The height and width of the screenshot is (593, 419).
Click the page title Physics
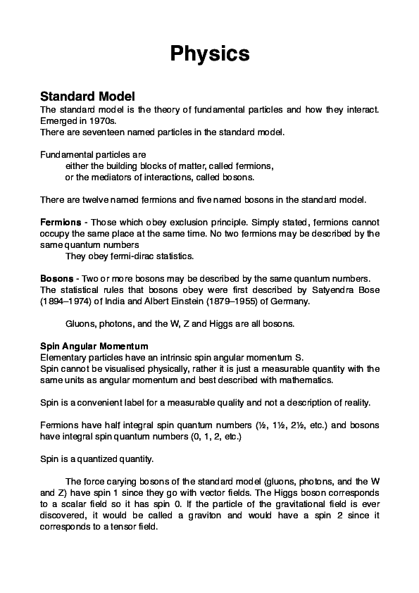210,54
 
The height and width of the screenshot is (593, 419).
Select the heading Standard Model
87,96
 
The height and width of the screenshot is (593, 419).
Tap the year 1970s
92,120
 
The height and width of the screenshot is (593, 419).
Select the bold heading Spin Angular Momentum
94,346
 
